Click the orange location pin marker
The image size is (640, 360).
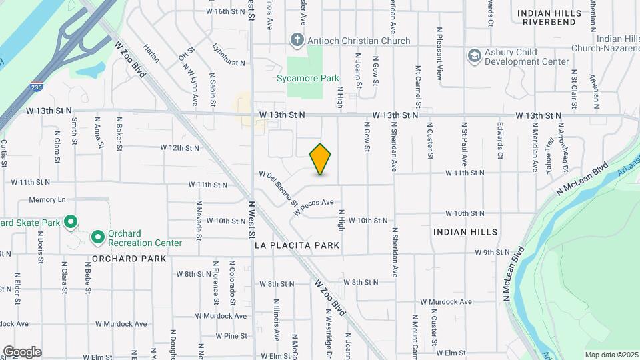tap(321, 159)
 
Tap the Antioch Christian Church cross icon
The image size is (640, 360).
tap(297, 41)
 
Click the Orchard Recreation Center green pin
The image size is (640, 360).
tap(97, 237)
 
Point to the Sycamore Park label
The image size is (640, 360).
tap(308, 78)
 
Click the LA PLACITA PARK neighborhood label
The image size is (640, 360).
tap(297, 245)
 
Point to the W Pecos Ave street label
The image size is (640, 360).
tap(313, 207)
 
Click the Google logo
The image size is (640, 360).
tap(22, 351)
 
